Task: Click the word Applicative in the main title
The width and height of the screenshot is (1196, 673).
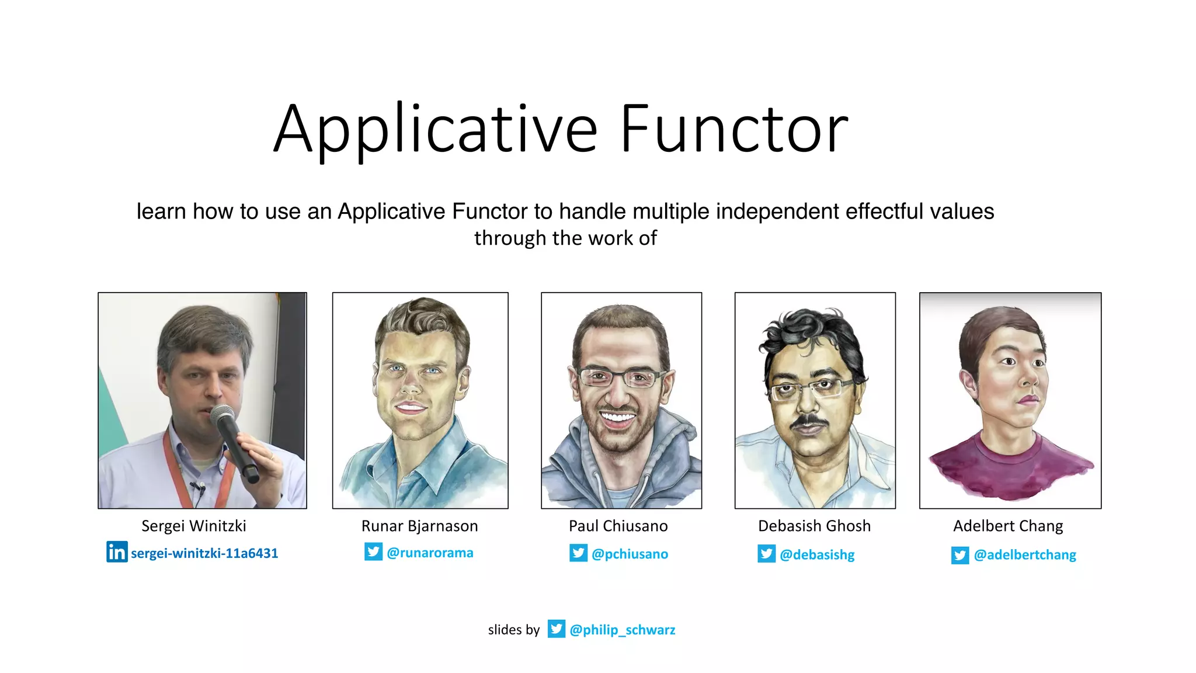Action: [435, 130]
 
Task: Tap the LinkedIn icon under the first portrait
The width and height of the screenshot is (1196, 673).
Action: [117, 551]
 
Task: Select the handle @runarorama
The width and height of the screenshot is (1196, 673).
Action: [430, 553]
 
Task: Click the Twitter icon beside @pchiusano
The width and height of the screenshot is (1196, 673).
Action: [578, 553]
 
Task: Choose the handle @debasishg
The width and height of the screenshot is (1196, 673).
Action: [817, 554]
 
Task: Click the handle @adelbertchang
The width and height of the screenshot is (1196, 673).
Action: [1025, 554]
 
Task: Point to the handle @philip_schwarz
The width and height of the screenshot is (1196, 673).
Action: [622, 630]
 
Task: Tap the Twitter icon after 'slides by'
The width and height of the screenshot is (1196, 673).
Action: [556, 629]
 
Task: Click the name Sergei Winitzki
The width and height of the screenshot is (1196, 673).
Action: [194, 526]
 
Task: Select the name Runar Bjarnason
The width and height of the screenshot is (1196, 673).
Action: [419, 526]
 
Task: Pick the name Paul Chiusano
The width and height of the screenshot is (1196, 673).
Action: [618, 526]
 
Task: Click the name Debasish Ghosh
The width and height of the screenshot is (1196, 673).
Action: [814, 526]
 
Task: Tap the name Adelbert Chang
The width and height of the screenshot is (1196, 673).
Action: [1008, 526]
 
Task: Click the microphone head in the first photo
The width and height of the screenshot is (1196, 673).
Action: [222, 417]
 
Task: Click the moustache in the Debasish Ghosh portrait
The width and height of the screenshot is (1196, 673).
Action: [809, 420]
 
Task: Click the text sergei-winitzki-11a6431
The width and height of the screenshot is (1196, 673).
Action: [204, 553]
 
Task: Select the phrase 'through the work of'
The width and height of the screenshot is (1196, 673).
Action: [565, 238]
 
